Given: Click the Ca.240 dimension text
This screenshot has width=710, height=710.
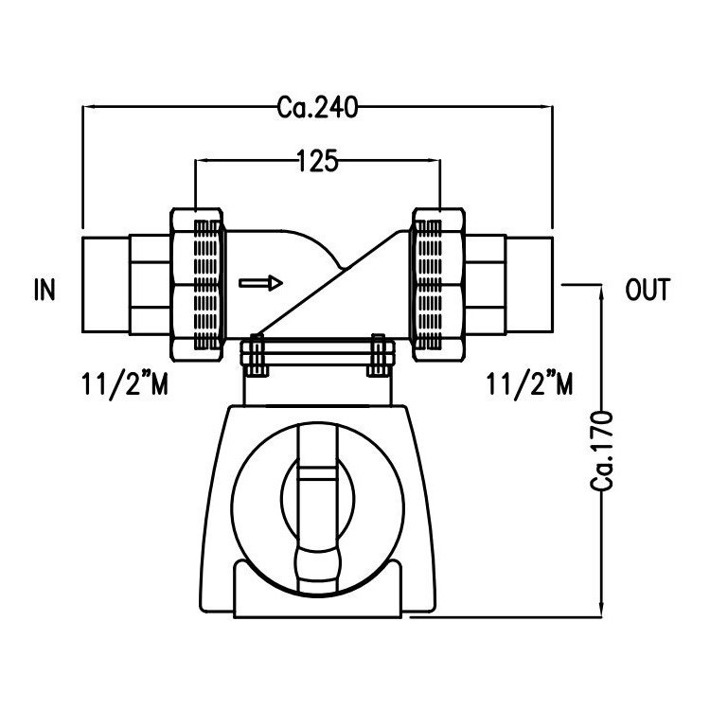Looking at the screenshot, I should [x=317, y=107].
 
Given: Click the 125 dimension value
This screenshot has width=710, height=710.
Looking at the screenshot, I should [x=317, y=162].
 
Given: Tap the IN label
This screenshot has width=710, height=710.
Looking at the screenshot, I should [x=44, y=290].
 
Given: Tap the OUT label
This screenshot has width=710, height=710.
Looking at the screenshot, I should [x=648, y=290].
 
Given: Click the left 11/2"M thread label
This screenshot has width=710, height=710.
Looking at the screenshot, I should [x=125, y=384].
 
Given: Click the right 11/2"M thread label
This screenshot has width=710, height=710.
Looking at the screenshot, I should [x=529, y=384].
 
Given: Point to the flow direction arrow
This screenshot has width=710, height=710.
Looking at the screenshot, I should [x=260, y=282].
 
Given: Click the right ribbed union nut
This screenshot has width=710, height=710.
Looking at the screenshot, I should [x=439, y=283].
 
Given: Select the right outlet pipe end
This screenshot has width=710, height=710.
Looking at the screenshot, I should [x=530, y=283].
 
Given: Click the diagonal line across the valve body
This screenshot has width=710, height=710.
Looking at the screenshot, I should [x=331, y=284].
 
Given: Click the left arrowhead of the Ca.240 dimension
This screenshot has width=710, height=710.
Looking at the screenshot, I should [x=88, y=107].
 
